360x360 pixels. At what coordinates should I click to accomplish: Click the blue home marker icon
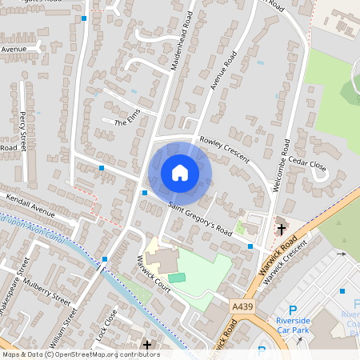coord(180,172)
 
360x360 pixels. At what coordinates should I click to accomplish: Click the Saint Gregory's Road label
coord(199,218)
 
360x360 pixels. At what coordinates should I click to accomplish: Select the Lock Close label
coord(106,324)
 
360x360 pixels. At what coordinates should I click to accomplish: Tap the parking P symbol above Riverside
coord(293,310)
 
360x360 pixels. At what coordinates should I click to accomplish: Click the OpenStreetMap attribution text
coord(80,354)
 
